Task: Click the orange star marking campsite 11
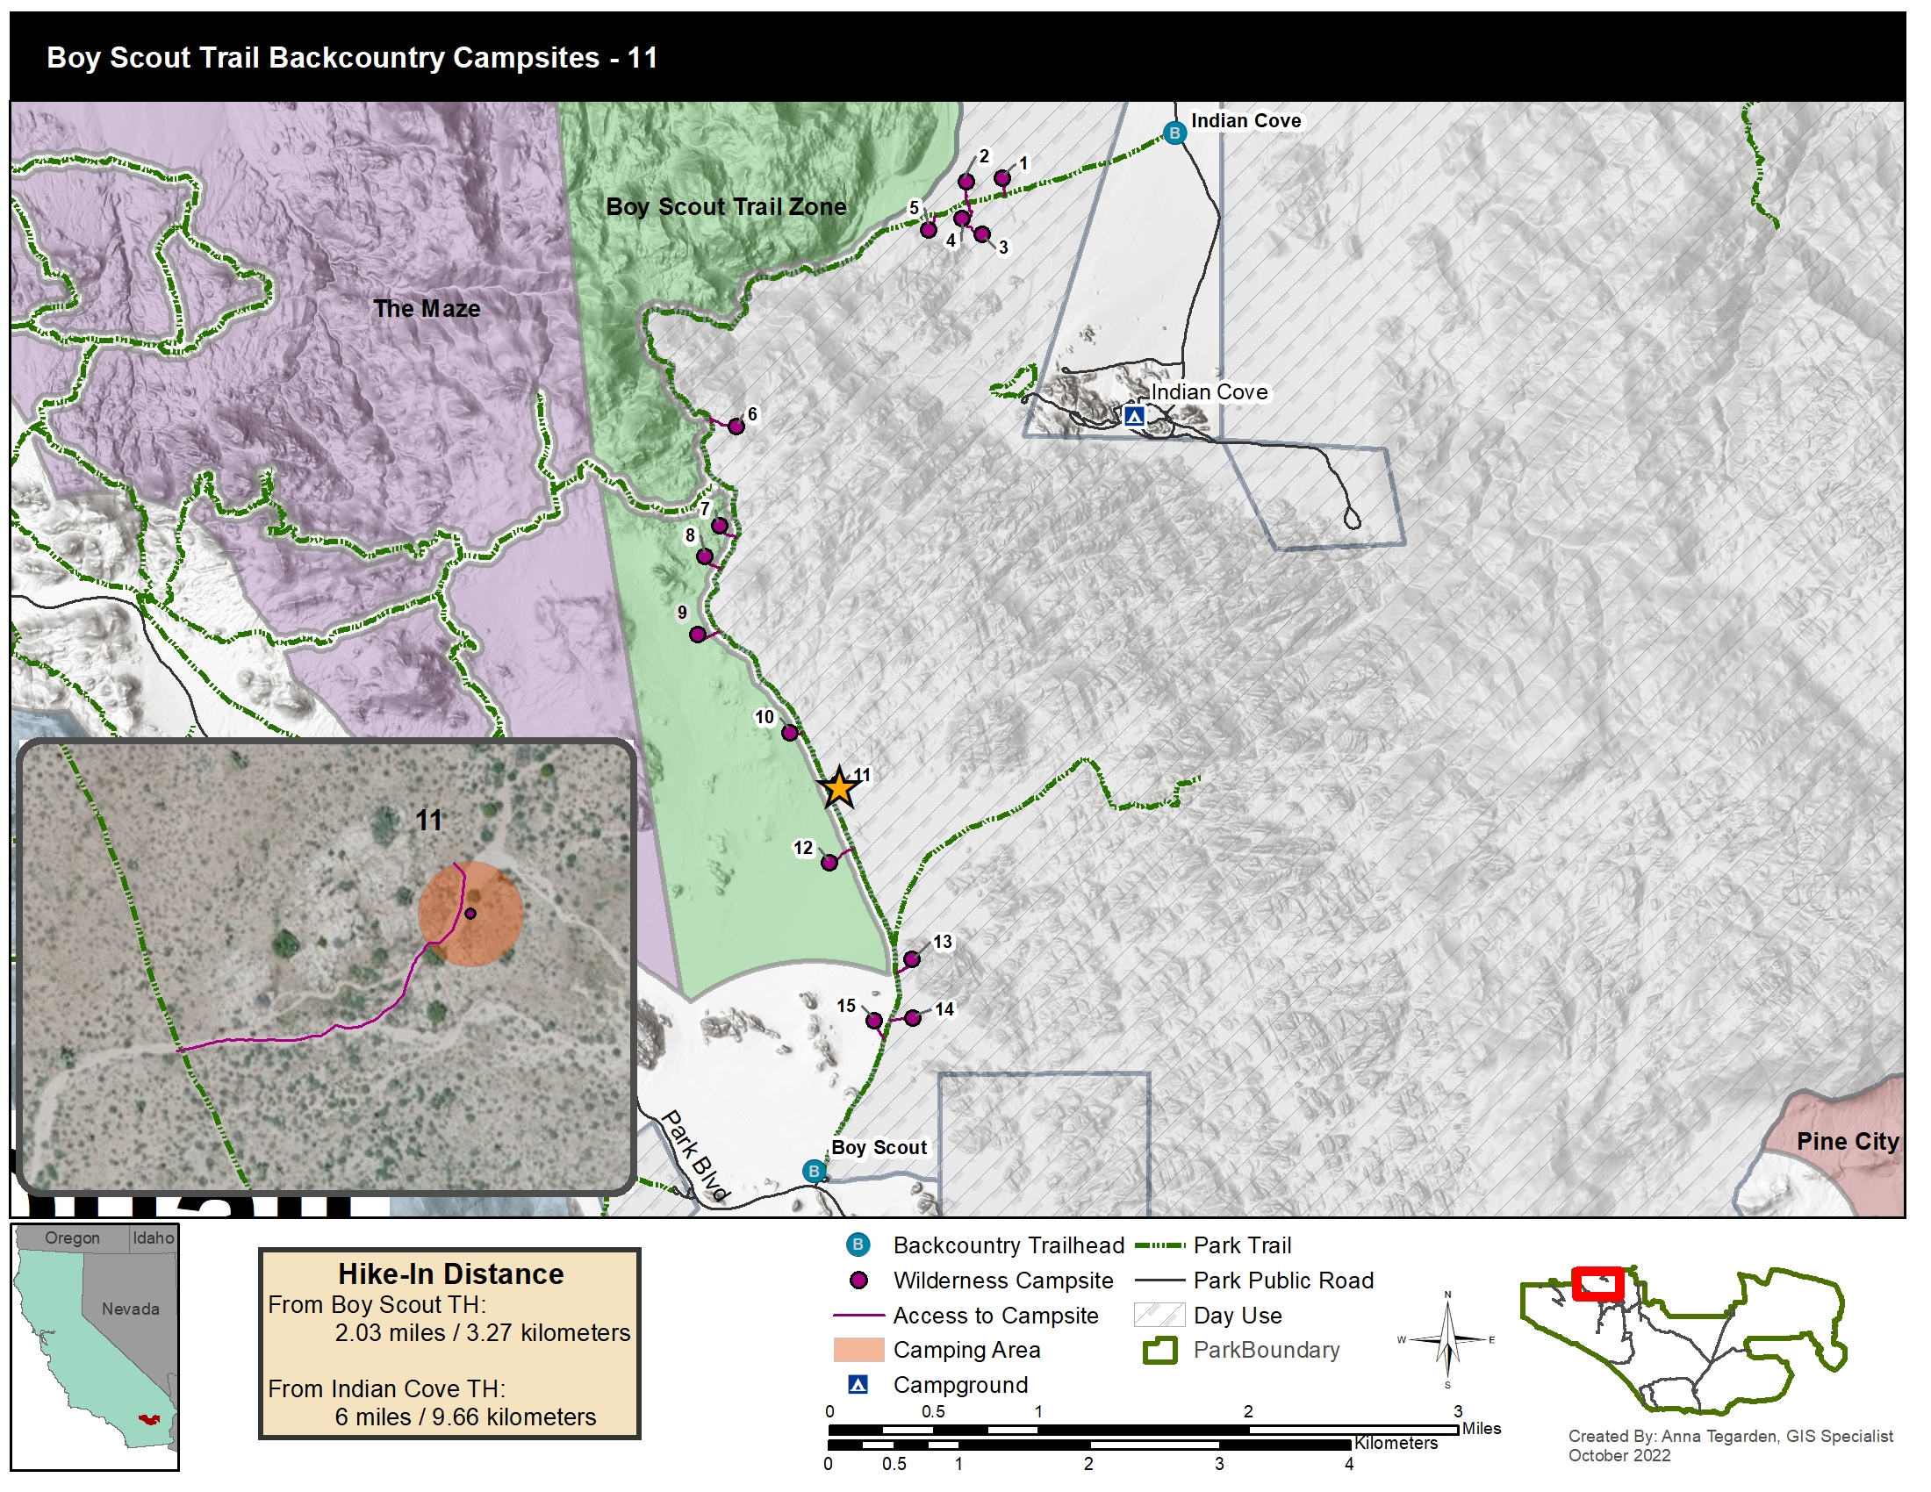[x=838, y=788]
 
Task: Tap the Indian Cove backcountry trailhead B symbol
[x=1174, y=133]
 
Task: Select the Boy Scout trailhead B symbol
[x=814, y=1172]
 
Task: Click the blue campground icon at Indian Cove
[x=1134, y=415]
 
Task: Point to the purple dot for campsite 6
[x=736, y=427]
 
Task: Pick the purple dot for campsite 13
[x=912, y=959]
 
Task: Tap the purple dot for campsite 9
[x=698, y=635]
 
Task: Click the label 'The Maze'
[x=427, y=308]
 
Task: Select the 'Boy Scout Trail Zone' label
[x=725, y=207]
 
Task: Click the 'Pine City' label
[x=1847, y=1141]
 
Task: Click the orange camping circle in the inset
[x=470, y=914]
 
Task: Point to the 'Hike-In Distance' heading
[x=450, y=1273]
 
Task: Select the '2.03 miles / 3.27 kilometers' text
[x=482, y=1333]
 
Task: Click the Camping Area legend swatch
[x=858, y=1350]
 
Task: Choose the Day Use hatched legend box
[x=1159, y=1316]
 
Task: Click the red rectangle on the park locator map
[x=1597, y=1283]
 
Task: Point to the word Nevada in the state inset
[x=130, y=1309]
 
